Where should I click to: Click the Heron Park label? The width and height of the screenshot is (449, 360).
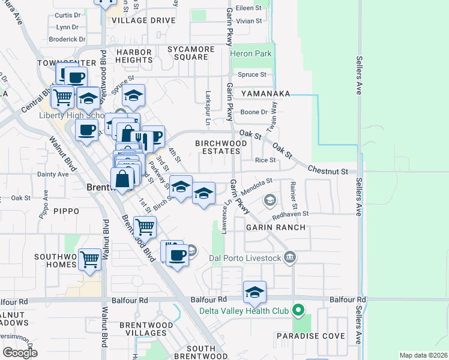click(251, 54)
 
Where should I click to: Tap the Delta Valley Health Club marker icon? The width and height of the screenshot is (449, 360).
click(297, 311)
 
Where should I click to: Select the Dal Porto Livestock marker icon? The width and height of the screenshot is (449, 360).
click(291, 258)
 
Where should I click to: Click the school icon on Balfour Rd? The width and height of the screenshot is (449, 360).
click(255, 293)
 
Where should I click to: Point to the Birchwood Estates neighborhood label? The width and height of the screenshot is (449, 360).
click(221, 148)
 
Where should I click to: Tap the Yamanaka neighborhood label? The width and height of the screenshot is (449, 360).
click(266, 94)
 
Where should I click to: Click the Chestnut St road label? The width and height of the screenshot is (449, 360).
click(328, 172)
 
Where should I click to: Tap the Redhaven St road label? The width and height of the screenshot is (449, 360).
click(291, 213)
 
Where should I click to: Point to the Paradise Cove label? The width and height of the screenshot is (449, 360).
click(310, 336)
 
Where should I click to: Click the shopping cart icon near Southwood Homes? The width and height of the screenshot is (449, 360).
click(89, 260)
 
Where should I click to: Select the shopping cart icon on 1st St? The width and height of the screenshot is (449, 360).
click(145, 227)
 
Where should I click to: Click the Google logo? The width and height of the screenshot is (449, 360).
click(20, 353)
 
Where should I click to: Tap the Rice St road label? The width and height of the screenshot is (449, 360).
click(265, 160)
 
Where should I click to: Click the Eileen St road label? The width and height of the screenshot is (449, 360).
click(249, 8)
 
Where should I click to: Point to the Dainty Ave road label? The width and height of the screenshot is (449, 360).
click(53, 174)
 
